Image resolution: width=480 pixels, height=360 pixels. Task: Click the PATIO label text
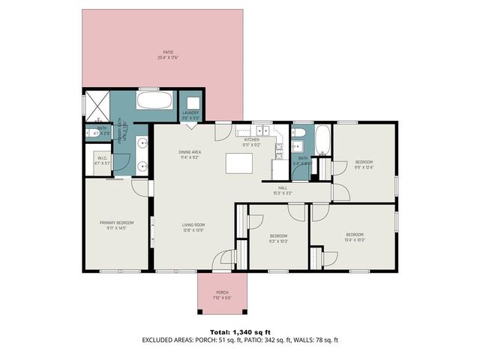162,52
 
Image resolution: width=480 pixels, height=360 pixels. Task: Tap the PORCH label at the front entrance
222,292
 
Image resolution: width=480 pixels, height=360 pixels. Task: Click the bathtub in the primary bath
156,100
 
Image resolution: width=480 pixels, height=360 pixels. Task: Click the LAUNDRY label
190,113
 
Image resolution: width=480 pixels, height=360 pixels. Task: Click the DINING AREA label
189,152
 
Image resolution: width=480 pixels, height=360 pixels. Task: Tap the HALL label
283,188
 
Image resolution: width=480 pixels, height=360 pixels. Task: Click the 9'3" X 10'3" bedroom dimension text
277,241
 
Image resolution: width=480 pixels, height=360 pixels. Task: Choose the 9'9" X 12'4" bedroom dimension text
364,166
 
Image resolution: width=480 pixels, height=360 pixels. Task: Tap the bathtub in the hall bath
322,140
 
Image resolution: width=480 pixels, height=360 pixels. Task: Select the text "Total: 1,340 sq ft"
239,331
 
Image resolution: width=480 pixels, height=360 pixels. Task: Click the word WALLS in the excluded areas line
302,340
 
